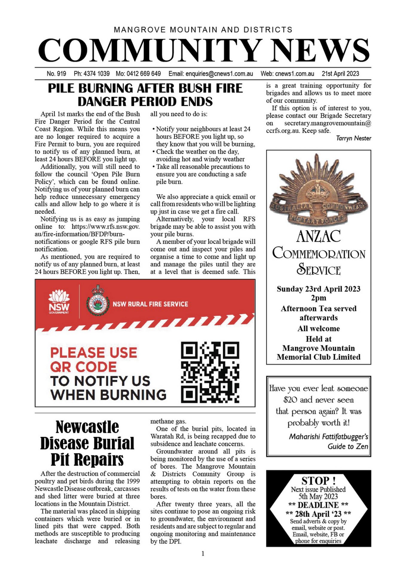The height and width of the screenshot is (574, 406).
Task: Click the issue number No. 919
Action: tap(56, 74)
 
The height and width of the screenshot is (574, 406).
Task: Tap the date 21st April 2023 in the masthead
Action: tap(340, 74)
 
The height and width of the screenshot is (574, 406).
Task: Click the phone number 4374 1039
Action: tap(96, 74)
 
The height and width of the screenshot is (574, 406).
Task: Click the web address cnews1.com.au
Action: tap(294, 74)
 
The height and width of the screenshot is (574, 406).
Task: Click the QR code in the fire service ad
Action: tap(210, 372)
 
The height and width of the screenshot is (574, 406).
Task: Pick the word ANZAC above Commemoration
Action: tap(318, 236)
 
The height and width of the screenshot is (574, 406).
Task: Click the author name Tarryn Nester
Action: tap(353, 138)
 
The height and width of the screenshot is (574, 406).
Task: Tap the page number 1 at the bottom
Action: tap(203, 553)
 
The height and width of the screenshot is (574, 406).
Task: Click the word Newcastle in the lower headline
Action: tap(87, 427)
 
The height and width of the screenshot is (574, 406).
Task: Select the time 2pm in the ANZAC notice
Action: tap(318, 298)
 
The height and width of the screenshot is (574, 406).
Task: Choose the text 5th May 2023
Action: tap(318, 497)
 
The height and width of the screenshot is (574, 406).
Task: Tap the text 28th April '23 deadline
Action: tap(318, 514)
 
